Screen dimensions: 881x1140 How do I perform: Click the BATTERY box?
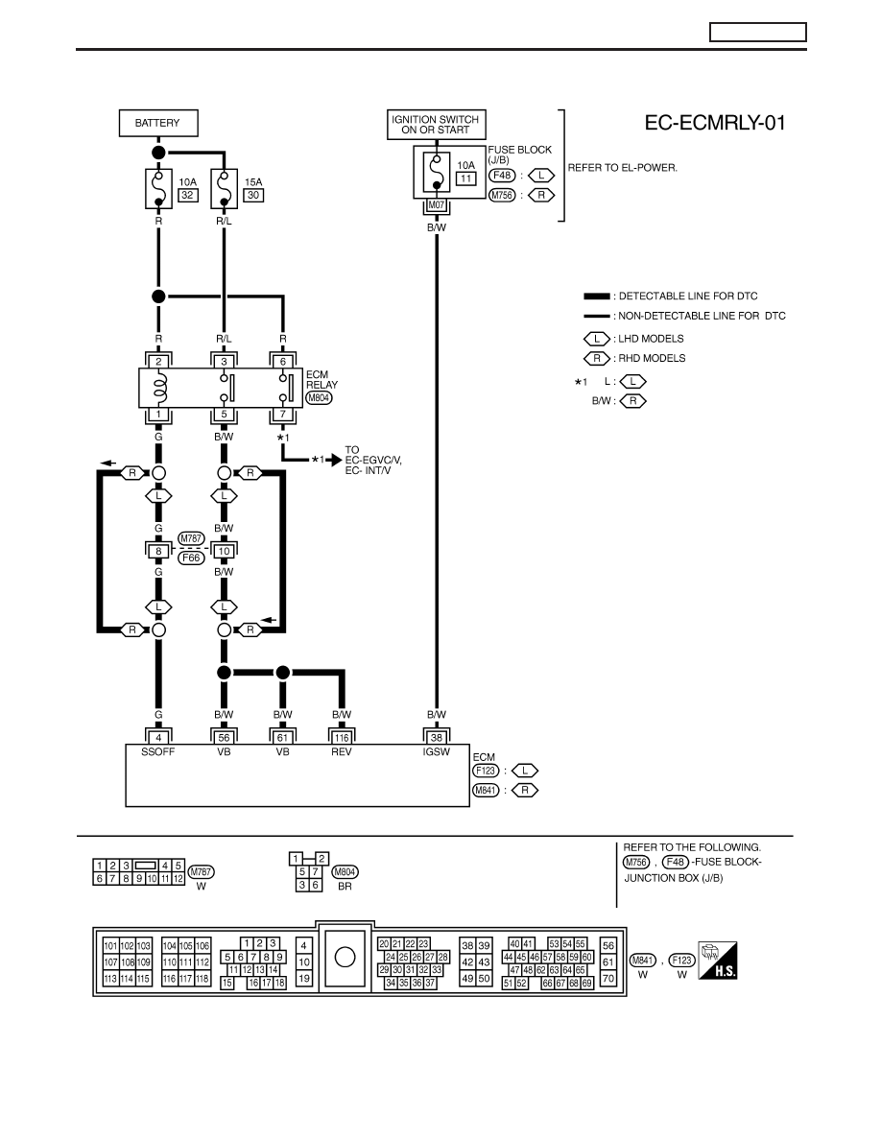pyautogui.click(x=157, y=123)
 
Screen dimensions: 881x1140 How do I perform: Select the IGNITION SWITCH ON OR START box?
pyautogui.click(x=436, y=125)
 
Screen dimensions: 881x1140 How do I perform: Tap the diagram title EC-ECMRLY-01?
pyautogui.click(x=715, y=123)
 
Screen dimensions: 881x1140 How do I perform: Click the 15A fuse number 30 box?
pyautogui.click(x=253, y=195)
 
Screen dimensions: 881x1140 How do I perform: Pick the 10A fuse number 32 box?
pyautogui.click(x=187, y=195)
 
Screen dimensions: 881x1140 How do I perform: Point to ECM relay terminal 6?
pyautogui.click(x=283, y=362)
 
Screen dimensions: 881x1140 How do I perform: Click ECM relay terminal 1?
pyautogui.click(x=158, y=415)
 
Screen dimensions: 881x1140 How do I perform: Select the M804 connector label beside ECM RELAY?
pyautogui.click(x=319, y=397)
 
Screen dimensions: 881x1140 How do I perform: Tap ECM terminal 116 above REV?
pyautogui.click(x=342, y=737)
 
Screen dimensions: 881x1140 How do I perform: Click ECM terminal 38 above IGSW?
pyautogui.click(x=436, y=737)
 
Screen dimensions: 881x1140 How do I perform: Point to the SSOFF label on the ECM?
pyautogui.click(x=157, y=751)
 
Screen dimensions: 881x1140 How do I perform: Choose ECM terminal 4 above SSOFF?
pyautogui.click(x=158, y=737)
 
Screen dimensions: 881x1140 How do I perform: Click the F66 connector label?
pyautogui.click(x=190, y=558)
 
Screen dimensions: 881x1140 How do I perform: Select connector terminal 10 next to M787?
pyautogui.click(x=224, y=551)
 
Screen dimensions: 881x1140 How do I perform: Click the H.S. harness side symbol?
pyautogui.click(x=718, y=961)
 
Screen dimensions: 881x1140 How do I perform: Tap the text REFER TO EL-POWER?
pyautogui.click(x=622, y=167)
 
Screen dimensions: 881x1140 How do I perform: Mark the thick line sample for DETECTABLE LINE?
pyautogui.click(x=597, y=297)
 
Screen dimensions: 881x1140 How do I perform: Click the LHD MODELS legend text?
pyautogui.click(x=651, y=339)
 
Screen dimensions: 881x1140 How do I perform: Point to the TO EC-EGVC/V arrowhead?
pyautogui.click(x=336, y=461)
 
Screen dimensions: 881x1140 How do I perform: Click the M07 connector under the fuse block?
pyautogui.click(x=436, y=205)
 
